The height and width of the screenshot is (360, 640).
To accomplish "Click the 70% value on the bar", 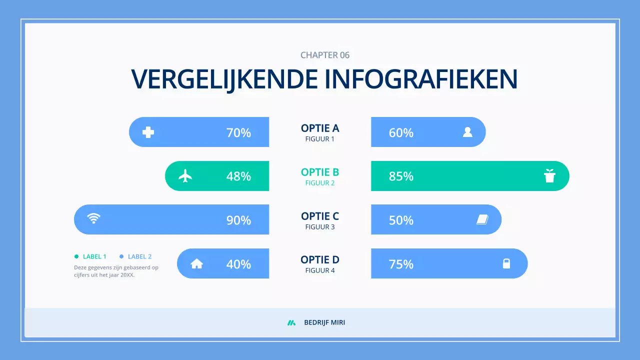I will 238,132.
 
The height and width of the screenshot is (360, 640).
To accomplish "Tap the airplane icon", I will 185,176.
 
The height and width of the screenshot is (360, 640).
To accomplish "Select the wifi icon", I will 93,218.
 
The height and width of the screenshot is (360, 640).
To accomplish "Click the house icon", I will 197,263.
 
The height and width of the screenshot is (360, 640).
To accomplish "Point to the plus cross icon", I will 148,132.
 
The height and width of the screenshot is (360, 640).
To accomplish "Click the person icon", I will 467,132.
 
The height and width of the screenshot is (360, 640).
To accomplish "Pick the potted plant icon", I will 549,176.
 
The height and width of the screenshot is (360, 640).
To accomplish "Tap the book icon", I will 482,219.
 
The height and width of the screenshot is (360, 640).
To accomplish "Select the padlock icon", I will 506,263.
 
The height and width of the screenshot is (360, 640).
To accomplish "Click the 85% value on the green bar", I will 401,176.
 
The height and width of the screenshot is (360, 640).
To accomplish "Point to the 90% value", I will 238,220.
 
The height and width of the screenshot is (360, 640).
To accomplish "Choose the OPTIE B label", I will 320,172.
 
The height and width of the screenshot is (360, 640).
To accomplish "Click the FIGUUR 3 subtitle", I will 320,227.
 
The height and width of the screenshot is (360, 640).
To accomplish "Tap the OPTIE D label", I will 320,259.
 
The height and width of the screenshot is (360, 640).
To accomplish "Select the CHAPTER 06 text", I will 325,55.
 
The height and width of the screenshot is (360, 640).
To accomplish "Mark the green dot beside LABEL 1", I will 76,256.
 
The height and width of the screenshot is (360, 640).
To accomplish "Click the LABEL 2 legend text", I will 139,256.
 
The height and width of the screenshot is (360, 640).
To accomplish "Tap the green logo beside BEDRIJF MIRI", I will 291,322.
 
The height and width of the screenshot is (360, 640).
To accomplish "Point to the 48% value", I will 238,176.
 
